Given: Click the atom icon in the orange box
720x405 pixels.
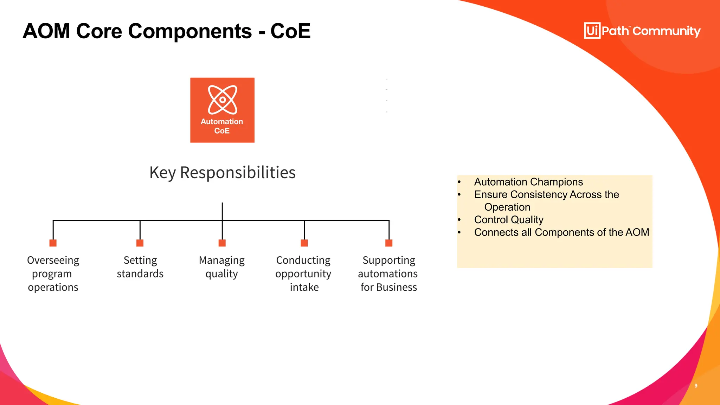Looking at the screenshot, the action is tap(223, 99).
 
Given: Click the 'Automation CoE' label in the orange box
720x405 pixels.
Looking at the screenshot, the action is tap(222, 126).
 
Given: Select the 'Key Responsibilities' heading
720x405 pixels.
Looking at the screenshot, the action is tap(222, 173).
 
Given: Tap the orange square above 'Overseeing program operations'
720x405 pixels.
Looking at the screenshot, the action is tap(53, 243).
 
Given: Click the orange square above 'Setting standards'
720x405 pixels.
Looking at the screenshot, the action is tap(140, 243).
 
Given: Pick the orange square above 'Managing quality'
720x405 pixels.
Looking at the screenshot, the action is tap(222, 243).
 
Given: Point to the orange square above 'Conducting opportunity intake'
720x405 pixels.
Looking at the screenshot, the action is tap(304, 243).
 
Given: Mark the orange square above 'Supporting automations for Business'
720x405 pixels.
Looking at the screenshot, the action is tap(389, 243).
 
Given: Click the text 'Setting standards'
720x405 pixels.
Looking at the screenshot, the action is tap(140, 267).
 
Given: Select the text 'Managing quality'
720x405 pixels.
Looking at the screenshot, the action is tap(222, 267).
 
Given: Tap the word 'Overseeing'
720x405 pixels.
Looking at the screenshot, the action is tap(53, 260).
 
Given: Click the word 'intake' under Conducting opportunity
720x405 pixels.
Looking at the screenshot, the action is tap(304, 287).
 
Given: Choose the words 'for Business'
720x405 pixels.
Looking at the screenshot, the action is tap(389, 287).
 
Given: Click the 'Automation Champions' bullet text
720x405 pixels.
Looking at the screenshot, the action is tap(528, 182).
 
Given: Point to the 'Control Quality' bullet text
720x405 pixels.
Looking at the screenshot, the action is tap(509, 220).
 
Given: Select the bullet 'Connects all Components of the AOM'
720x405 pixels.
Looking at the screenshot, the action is tap(561, 232).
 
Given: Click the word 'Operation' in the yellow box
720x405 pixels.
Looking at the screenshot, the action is tap(507, 207).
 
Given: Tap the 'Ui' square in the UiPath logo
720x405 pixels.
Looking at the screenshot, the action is tap(592, 31).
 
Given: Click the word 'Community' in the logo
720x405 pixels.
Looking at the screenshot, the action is tap(667, 31).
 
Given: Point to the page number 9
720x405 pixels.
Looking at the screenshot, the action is tap(696, 386).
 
